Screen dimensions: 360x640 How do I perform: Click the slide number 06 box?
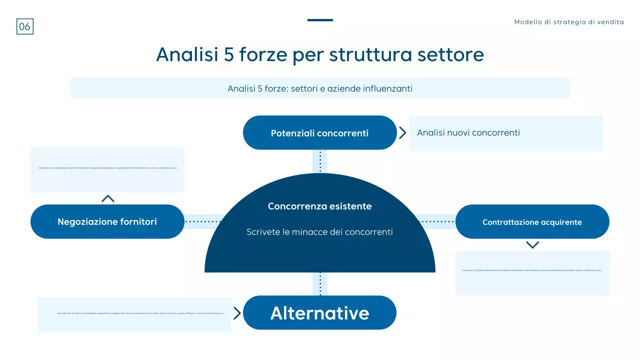(25, 26)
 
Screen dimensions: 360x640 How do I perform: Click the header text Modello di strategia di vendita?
(569, 22)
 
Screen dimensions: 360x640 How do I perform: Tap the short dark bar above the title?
(320, 20)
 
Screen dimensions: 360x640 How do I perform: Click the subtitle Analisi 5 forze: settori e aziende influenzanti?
(320, 88)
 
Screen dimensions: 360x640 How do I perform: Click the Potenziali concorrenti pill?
(320, 133)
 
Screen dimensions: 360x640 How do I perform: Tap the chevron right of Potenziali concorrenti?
(402, 132)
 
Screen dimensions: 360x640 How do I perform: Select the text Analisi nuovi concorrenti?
(468, 132)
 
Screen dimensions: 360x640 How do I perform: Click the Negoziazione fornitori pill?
(107, 221)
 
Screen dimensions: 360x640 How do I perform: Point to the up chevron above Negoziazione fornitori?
(107, 198)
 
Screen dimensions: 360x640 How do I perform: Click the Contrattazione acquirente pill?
(532, 222)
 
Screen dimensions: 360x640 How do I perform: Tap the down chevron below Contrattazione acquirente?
(532, 244)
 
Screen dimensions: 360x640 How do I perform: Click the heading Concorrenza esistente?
(320, 206)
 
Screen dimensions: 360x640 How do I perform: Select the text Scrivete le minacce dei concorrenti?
(320, 232)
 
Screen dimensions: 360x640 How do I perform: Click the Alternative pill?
(320, 313)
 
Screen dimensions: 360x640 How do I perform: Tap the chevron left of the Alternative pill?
(237, 313)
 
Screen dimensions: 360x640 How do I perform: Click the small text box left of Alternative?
(135, 314)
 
